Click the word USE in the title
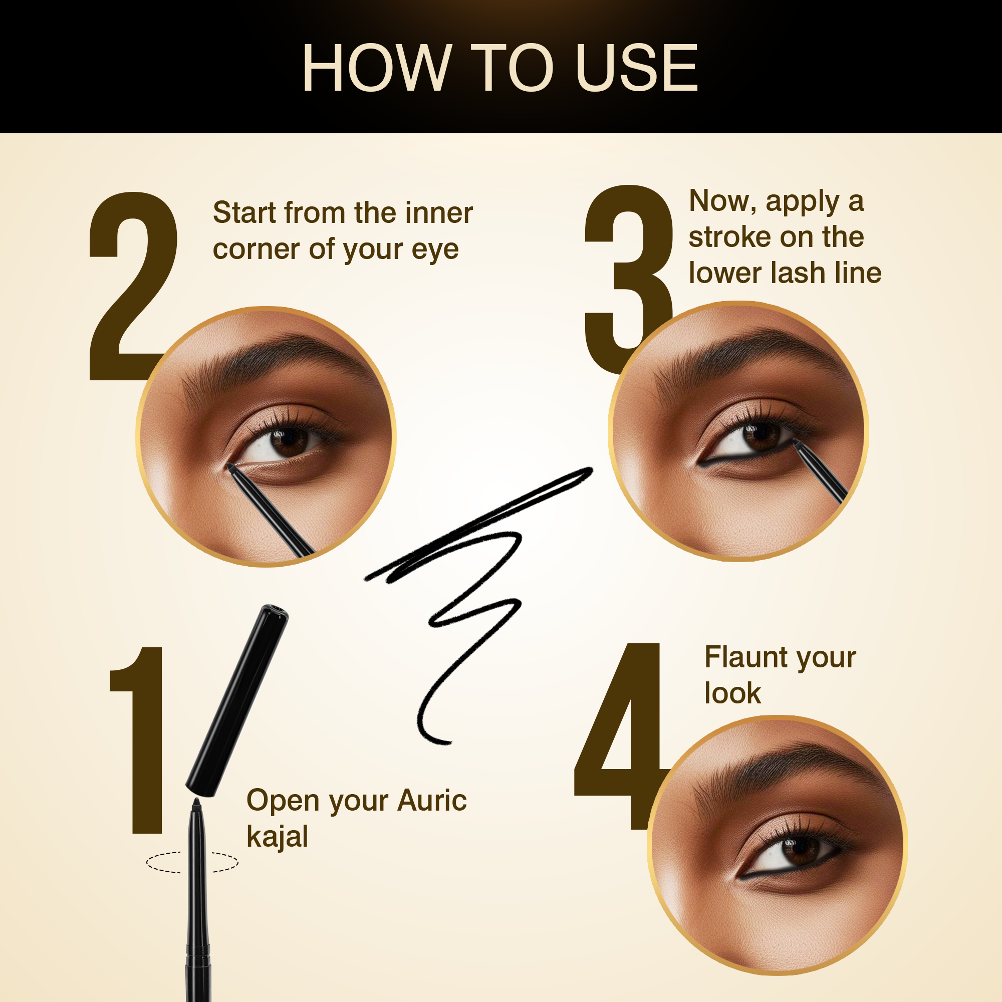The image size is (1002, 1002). pos(636,68)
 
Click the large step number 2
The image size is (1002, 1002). pos(134,286)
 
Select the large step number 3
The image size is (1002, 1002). pos(629,279)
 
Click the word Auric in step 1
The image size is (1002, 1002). pos(432,800)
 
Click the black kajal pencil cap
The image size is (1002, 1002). pos(237,701)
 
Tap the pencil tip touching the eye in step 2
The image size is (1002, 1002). pos(230,467)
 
